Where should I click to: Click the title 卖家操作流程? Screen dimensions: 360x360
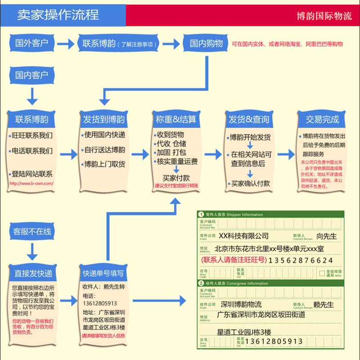pos(58,15)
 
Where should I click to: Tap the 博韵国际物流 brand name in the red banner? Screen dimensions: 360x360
pos(324,16)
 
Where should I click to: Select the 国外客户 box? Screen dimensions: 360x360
pos(32,43)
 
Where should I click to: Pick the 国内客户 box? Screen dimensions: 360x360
pos(32,75)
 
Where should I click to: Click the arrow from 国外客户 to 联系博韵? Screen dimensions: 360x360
pos(66,44)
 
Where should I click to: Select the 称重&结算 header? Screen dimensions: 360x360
pos(176,119)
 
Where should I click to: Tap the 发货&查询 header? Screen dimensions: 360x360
pos(249,119)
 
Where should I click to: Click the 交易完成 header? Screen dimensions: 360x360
pos(322,119)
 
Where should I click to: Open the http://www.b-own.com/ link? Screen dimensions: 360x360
pos(31,184)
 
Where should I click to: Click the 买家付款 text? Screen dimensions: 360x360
pos(176,178)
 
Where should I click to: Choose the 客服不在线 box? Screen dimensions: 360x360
pos(32,232)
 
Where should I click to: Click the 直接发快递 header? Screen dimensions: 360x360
pos(33,273)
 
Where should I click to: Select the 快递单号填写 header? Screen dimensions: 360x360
pos(103,273)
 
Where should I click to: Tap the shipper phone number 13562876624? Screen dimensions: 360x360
pos(301,261)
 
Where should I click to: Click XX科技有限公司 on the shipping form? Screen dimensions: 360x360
pos(243,236)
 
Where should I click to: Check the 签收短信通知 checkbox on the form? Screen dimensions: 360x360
pos(322,273)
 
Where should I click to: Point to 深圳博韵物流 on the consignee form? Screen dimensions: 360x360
pos(241,305)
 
